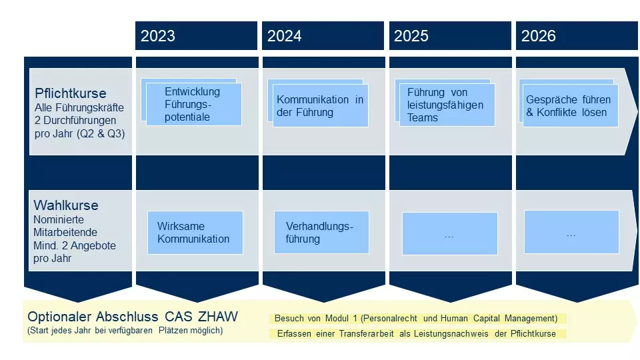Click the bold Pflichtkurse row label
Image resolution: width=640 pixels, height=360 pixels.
click(71, 93)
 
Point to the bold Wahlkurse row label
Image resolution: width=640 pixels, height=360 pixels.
click(66, 205)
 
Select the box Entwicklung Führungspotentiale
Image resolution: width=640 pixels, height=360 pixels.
click(193, 105)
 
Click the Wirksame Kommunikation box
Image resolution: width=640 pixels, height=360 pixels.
click(195, 233)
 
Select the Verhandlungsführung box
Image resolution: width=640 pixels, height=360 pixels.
click(321, 233)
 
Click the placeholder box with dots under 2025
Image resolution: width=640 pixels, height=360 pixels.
click(449, 234)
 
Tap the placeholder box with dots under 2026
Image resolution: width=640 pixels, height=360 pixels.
click(571, 233)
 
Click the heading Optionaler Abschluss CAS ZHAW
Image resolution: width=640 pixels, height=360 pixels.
click(133, 317)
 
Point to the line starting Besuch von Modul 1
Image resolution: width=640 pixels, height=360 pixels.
click(417, 319)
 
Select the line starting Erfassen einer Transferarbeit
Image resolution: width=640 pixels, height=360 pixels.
click(417, 334)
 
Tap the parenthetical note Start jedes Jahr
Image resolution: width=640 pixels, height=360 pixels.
click(125, 331)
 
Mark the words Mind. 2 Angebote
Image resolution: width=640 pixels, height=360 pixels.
click(75, 245)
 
